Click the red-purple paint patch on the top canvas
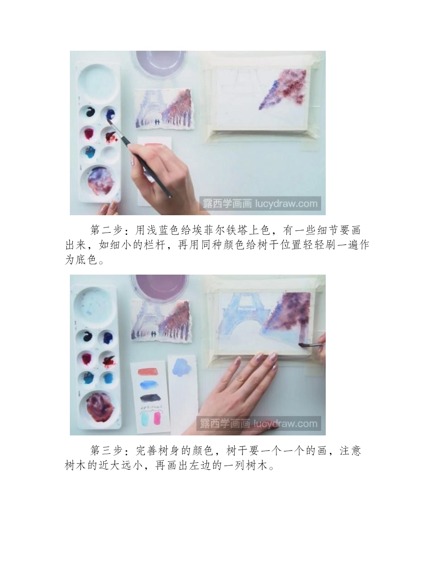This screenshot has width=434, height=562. coord(286,89)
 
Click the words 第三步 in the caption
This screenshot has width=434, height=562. coord(105,451)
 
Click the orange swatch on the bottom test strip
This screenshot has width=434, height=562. coord(149,371)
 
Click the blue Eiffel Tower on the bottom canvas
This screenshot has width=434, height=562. coord(240,315)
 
